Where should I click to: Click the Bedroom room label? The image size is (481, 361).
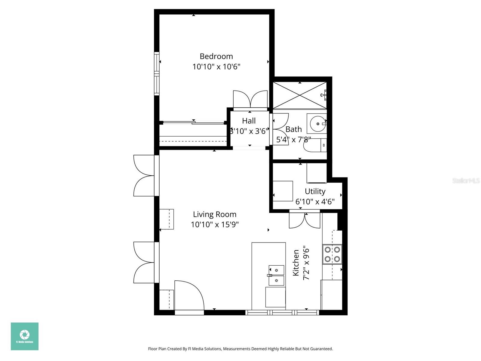(216, 56)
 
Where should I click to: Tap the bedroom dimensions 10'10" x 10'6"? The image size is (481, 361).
(216, 67)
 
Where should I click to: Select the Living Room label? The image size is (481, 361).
(215, 214)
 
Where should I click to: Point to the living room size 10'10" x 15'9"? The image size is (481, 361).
(215, 225)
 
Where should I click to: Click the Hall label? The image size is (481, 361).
(249, 121)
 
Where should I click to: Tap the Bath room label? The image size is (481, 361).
(293, 129)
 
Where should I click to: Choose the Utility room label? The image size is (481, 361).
(315, 191)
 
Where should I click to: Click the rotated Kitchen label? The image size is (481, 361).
(296, 262)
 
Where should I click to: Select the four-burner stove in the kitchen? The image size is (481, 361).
(332, 254)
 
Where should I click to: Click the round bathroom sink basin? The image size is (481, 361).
(317, 124)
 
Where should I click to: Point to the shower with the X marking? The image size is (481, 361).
(300, 95)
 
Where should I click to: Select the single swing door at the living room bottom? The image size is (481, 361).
(189, 296)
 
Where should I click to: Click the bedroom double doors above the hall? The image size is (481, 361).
(250, 100)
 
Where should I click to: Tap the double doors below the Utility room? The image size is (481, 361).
(305, 221)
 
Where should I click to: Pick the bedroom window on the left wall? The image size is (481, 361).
(156, 74)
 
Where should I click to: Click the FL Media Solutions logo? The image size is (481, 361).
(25, 336)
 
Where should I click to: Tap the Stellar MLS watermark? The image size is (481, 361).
(466, 180)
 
